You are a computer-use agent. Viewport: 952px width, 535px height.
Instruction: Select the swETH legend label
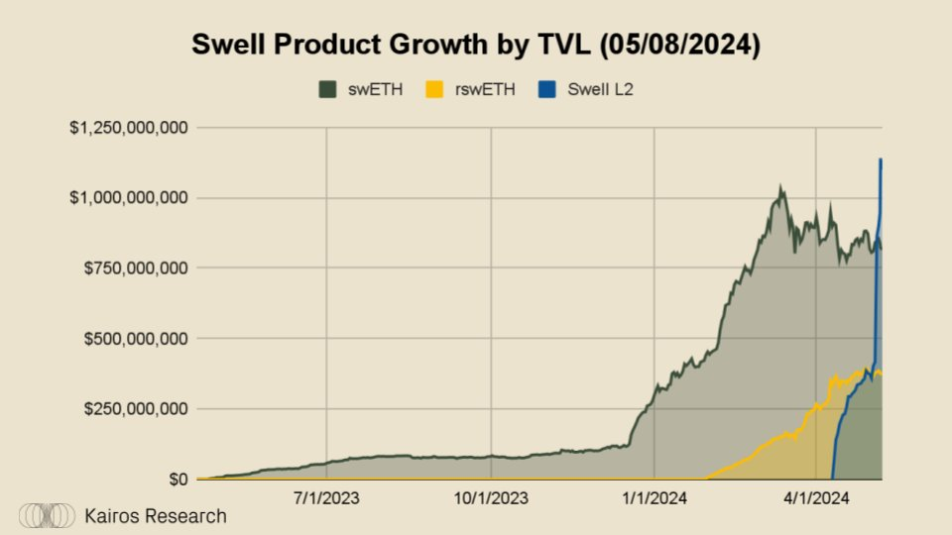point(371,89)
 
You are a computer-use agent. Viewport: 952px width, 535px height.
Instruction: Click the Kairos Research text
point(155,516)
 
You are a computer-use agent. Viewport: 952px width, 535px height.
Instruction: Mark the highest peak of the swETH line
point(780,185)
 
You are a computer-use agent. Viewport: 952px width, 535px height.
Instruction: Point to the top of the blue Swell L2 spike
point(881,160)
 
